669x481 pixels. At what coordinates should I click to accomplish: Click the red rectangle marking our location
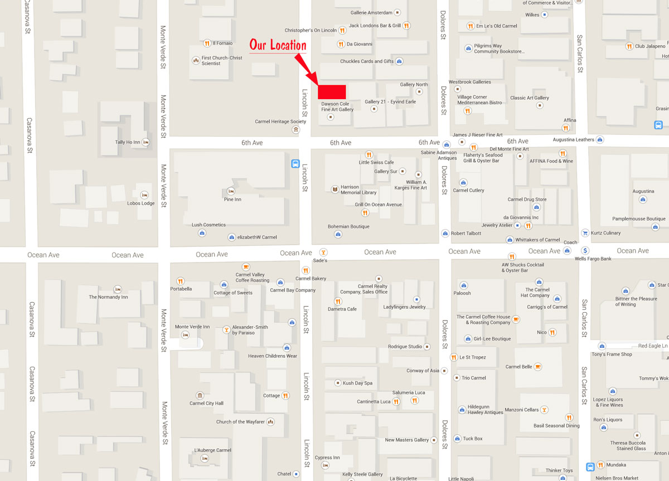[x=332, y=91]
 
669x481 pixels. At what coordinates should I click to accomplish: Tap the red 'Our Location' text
[x=278, y=45]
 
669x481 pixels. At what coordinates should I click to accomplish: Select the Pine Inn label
[x=232, y=199]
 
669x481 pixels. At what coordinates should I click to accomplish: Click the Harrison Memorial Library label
[x=358, y=190]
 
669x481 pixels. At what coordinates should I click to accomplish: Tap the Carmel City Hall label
[x=206, y=403]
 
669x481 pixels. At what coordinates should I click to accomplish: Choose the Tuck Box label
[x=472, y=439]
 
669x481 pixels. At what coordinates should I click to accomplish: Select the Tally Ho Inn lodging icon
[x=146, y=142]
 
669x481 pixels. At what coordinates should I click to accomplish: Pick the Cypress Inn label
[x=327, y=458]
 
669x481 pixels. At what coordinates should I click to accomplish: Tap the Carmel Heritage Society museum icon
[x=295, y=129]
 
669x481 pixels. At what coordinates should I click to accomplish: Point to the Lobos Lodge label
[x=140, y=203]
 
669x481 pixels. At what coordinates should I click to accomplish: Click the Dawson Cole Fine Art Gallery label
[x=337, y=106]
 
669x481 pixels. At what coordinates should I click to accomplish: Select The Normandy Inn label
[x=108, y=297]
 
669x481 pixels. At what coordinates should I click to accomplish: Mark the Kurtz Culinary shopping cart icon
[x=585, y=233]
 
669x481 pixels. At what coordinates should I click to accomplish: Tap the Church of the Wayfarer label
[x=238, y=422]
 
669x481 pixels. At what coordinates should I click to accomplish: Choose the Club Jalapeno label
[x=650, y=46]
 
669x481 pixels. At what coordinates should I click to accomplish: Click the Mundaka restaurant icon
[x=600, y=465]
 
